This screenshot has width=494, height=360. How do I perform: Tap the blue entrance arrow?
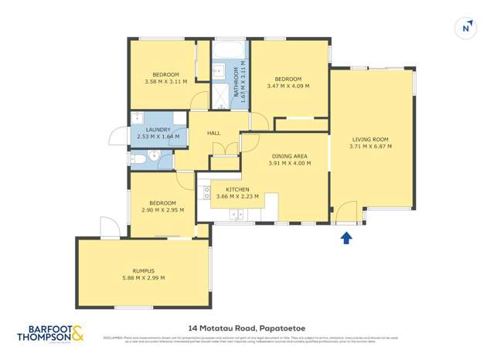(346, 238)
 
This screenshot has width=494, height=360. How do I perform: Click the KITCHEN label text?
(237, 189)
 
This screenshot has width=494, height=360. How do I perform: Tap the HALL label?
(214, 133)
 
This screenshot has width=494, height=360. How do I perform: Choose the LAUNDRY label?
(158, 130)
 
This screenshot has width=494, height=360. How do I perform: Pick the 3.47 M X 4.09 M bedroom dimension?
(288, 86)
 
